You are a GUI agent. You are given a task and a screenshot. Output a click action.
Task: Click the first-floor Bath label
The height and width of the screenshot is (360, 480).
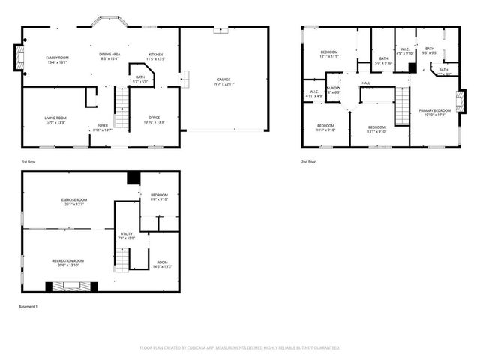(x=140, y=79)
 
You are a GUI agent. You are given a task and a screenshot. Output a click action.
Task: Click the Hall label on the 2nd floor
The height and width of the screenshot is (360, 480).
(x=366, y=82)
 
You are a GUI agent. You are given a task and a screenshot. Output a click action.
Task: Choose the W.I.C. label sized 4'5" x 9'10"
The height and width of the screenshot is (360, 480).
(x=404, y=52)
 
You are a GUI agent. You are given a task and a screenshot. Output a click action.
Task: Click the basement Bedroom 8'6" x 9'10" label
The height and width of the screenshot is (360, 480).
(x=159, y=197)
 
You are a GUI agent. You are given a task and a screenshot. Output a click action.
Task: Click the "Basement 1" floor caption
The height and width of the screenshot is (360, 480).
(x=28, y=307)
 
